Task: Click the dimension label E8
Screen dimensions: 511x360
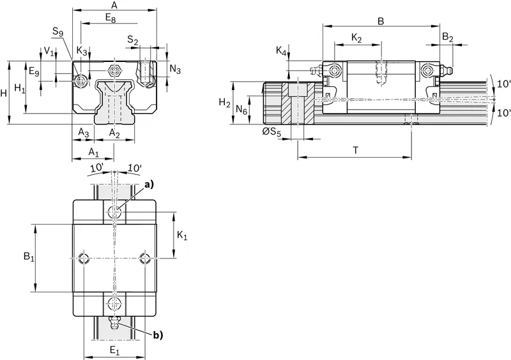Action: click(x=111, y=18)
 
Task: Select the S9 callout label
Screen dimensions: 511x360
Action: click(x=57, y=32)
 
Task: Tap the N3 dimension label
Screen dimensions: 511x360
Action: click(x=175, y=69)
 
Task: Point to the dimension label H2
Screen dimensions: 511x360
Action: click(x=224, y=103)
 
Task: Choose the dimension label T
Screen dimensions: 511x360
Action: click(x=356, y=150)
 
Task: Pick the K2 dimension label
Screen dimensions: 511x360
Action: click(x=357, y=38)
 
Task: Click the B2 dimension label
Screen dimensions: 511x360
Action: click(x=448, y=38)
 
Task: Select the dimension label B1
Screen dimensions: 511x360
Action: click(x=29, y=257)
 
